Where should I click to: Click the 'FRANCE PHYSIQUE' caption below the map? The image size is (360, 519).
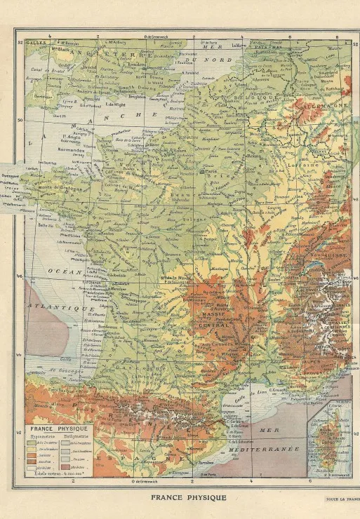pyautogui.click(x=188, y=497)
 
